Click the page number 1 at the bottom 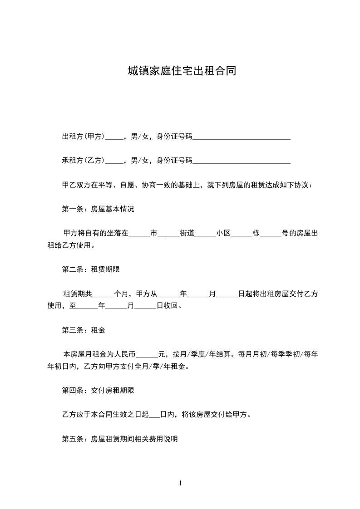[x=180, y=483]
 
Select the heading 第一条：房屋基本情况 [x=98, y=210]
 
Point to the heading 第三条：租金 [x=83, y=330]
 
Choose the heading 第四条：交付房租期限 [x=98, y=390]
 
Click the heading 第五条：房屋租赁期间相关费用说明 [x=119, y=439]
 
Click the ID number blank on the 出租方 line [x=242, y=137]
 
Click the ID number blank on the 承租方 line [x=242, y=161]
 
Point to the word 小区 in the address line [x=224, y=234]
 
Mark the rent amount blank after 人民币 [x=147, y=354]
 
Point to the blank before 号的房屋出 [x=271, y=234]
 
